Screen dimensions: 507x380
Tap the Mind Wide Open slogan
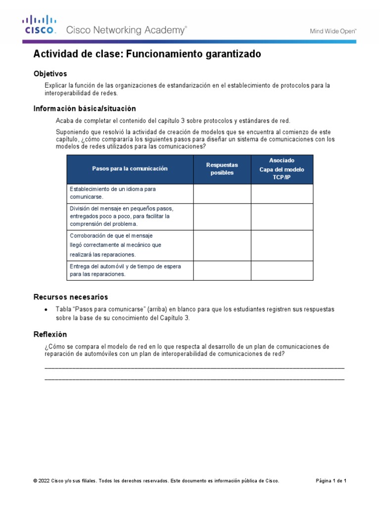click(333, 31)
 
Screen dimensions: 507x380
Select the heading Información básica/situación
click(84, 108)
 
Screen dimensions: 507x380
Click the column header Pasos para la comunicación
click(130, 169)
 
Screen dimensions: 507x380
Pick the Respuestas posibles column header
click(222, 169)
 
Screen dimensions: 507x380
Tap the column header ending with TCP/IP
click(282, 169)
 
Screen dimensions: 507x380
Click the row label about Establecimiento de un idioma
click(113, 193)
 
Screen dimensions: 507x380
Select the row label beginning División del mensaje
click(121, 216)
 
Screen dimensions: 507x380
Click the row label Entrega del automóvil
click(125, 270)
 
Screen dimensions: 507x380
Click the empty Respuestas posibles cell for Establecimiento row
click(222, 194)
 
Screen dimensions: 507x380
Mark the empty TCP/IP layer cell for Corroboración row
click(282, 245)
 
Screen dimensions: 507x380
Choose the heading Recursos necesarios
click(70, 297)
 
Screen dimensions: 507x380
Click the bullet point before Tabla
click(46, 309)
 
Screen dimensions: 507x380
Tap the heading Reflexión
click(50, 334)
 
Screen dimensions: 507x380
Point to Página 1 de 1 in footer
click(331, 481)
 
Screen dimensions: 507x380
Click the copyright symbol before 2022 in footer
click(36, 481)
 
